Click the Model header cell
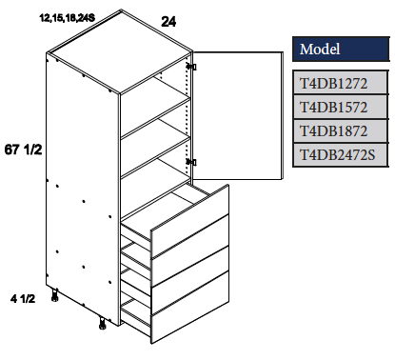(341, 49)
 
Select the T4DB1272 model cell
(341, 83)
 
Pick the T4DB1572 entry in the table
(341, 106)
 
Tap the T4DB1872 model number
(341, 130)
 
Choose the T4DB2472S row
(341, 152)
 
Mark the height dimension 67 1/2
(25, 151)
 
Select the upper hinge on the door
(193, 67)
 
